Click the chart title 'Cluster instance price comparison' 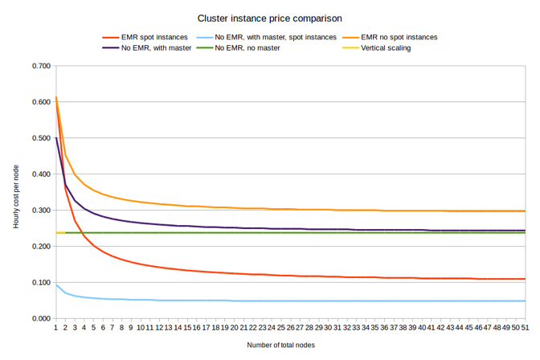pyautogui.click(x=269, y=17)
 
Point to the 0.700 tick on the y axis pyautogui.click(x=40, y=66)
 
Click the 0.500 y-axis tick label pyautogui.click(x=40, y=138)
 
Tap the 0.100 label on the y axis pyautogui.click(x=40, y=283)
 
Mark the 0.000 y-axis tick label pyautogui.click(x=40, y=319)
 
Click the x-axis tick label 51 pyautogui.click(x=525, y=328)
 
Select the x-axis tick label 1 pyautogui.click(x=55, y=328)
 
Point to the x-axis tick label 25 pyautogui.click(x=281, y=328)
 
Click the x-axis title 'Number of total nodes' pyautogui.click(x=280, y=346)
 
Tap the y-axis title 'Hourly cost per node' pyautogui.click(x=16, y=193)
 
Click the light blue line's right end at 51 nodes pyautogui.click(x=525, y=301)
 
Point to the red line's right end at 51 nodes pyautogui.click(x=525, y=279)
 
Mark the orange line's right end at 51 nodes pyautogui.click(x=525, y=211)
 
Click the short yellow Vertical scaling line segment pyautogui.click(x=60, y=233)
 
